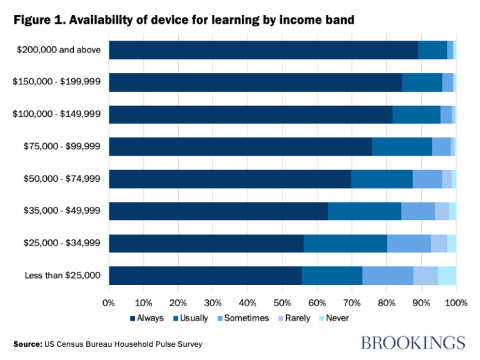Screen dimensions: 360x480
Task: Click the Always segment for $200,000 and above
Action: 263,50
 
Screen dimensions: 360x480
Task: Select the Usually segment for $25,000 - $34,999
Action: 345,244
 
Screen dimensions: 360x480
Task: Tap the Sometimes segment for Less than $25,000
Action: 387,276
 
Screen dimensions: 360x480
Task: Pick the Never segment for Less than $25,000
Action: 447,276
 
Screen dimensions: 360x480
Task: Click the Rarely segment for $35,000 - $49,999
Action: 442,211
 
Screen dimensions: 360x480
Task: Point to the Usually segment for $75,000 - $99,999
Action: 402,147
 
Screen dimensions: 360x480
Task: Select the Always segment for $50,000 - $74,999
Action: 230,179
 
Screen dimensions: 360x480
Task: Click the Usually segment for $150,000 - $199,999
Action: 422,82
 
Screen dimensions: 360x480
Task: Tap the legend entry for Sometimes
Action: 244,318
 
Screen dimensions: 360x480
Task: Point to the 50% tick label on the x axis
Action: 282,302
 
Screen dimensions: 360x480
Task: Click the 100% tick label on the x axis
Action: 456,302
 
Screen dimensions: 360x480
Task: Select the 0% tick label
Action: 109,302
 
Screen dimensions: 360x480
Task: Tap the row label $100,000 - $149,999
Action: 56,114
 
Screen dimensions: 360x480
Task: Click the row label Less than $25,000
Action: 61,276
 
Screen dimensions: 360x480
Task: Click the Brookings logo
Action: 413,342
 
